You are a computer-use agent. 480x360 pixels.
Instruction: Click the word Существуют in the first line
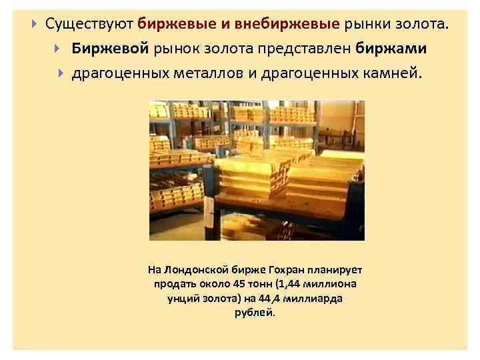[89, 25]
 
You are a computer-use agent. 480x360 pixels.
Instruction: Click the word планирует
[335, 270]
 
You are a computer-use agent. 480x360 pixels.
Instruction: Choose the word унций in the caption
[181, 298]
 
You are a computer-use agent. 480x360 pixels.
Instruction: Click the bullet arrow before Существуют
[34, 25]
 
